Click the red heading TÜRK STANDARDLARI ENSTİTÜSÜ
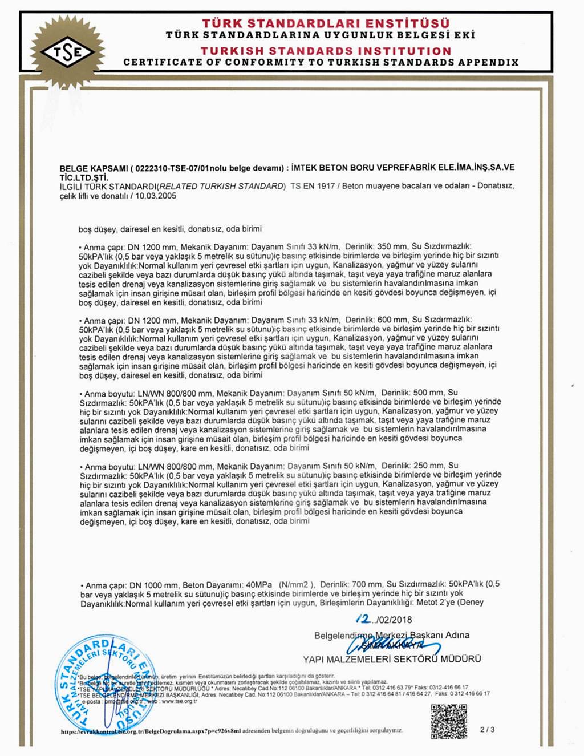pyautogui.click(x=326, y=23)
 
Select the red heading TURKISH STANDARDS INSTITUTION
pyautogui.click(x=326, y=51)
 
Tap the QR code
pyautogui.click(x=448, y=722)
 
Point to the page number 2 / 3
pyautogui.click(x=488, y=729)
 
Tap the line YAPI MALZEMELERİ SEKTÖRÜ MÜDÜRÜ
pyautogui.click(x=392, y=659)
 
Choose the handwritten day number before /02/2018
pyautogui.click(x=362, y=618)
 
